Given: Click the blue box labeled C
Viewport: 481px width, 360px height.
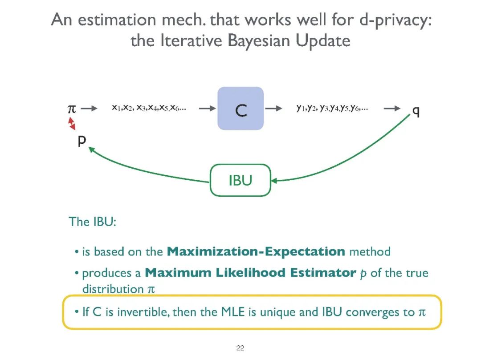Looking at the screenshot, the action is point(240,109).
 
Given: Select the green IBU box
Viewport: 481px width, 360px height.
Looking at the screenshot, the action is point(240,180).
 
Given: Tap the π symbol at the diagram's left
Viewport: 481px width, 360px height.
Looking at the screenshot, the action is point(71,109).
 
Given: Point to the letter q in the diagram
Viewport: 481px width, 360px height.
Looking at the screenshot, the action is point(416,111).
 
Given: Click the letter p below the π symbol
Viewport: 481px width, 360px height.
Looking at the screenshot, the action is point(82,141).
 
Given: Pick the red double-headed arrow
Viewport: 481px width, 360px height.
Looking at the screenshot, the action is point(72,125).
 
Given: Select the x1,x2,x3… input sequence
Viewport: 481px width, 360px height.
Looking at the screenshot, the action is point(149,108).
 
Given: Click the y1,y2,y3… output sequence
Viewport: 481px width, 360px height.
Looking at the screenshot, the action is point(332,108).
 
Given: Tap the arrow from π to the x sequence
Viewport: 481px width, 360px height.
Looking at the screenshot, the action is point(90,108).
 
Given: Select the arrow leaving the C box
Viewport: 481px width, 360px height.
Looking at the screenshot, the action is point(273,108).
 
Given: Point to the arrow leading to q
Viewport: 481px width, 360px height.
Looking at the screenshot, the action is point(391,108).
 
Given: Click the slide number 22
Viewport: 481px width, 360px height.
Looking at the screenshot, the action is point(240,348).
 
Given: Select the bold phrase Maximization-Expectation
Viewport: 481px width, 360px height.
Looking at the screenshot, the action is point(256,251).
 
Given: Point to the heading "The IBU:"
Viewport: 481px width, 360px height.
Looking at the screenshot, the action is point(92,221).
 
